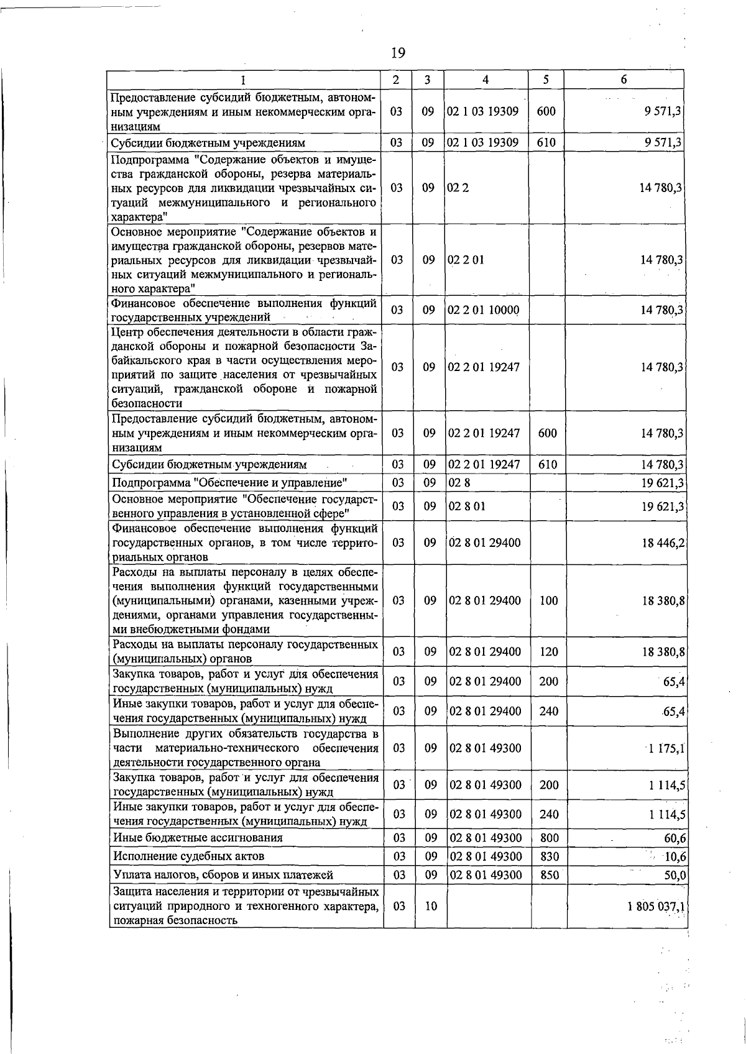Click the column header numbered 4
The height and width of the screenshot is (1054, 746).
point(486,80)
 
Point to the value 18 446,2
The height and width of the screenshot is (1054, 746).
point(663,543)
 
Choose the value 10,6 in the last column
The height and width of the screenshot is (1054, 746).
point(675,856)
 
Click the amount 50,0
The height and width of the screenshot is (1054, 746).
point(675,875)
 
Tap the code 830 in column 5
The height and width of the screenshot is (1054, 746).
point(549,856)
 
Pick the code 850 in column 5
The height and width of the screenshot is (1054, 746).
point(549,875)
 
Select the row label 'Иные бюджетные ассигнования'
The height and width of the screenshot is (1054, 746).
point(198,838)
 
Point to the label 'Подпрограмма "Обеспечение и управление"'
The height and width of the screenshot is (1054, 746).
point(229,483)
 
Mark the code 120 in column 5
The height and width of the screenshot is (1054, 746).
point(549,651)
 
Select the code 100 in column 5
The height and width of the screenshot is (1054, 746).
point(549,600)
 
